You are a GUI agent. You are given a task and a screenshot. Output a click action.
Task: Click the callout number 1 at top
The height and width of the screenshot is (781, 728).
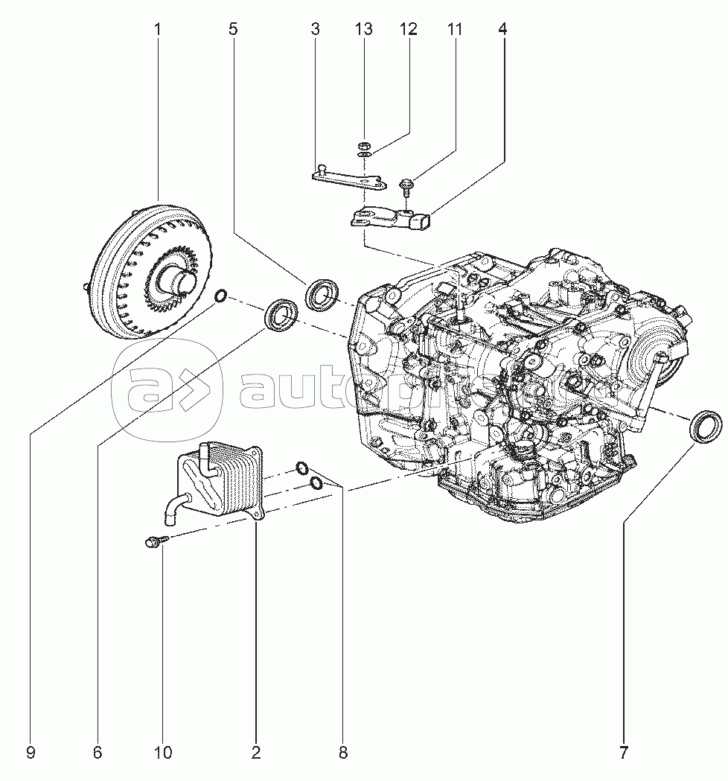157,30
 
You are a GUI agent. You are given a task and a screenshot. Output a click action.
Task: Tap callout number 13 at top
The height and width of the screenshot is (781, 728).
363,30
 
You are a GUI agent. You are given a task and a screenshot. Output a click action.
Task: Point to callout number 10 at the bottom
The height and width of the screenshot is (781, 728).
162,753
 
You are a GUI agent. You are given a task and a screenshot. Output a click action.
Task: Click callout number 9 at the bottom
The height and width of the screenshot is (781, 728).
31,753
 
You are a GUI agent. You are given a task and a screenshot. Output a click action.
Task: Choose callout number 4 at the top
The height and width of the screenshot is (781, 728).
503,30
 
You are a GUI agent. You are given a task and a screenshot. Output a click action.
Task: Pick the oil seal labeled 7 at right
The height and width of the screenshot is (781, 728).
704,426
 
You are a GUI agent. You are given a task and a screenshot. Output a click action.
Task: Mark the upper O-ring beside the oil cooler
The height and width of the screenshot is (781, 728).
302,468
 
